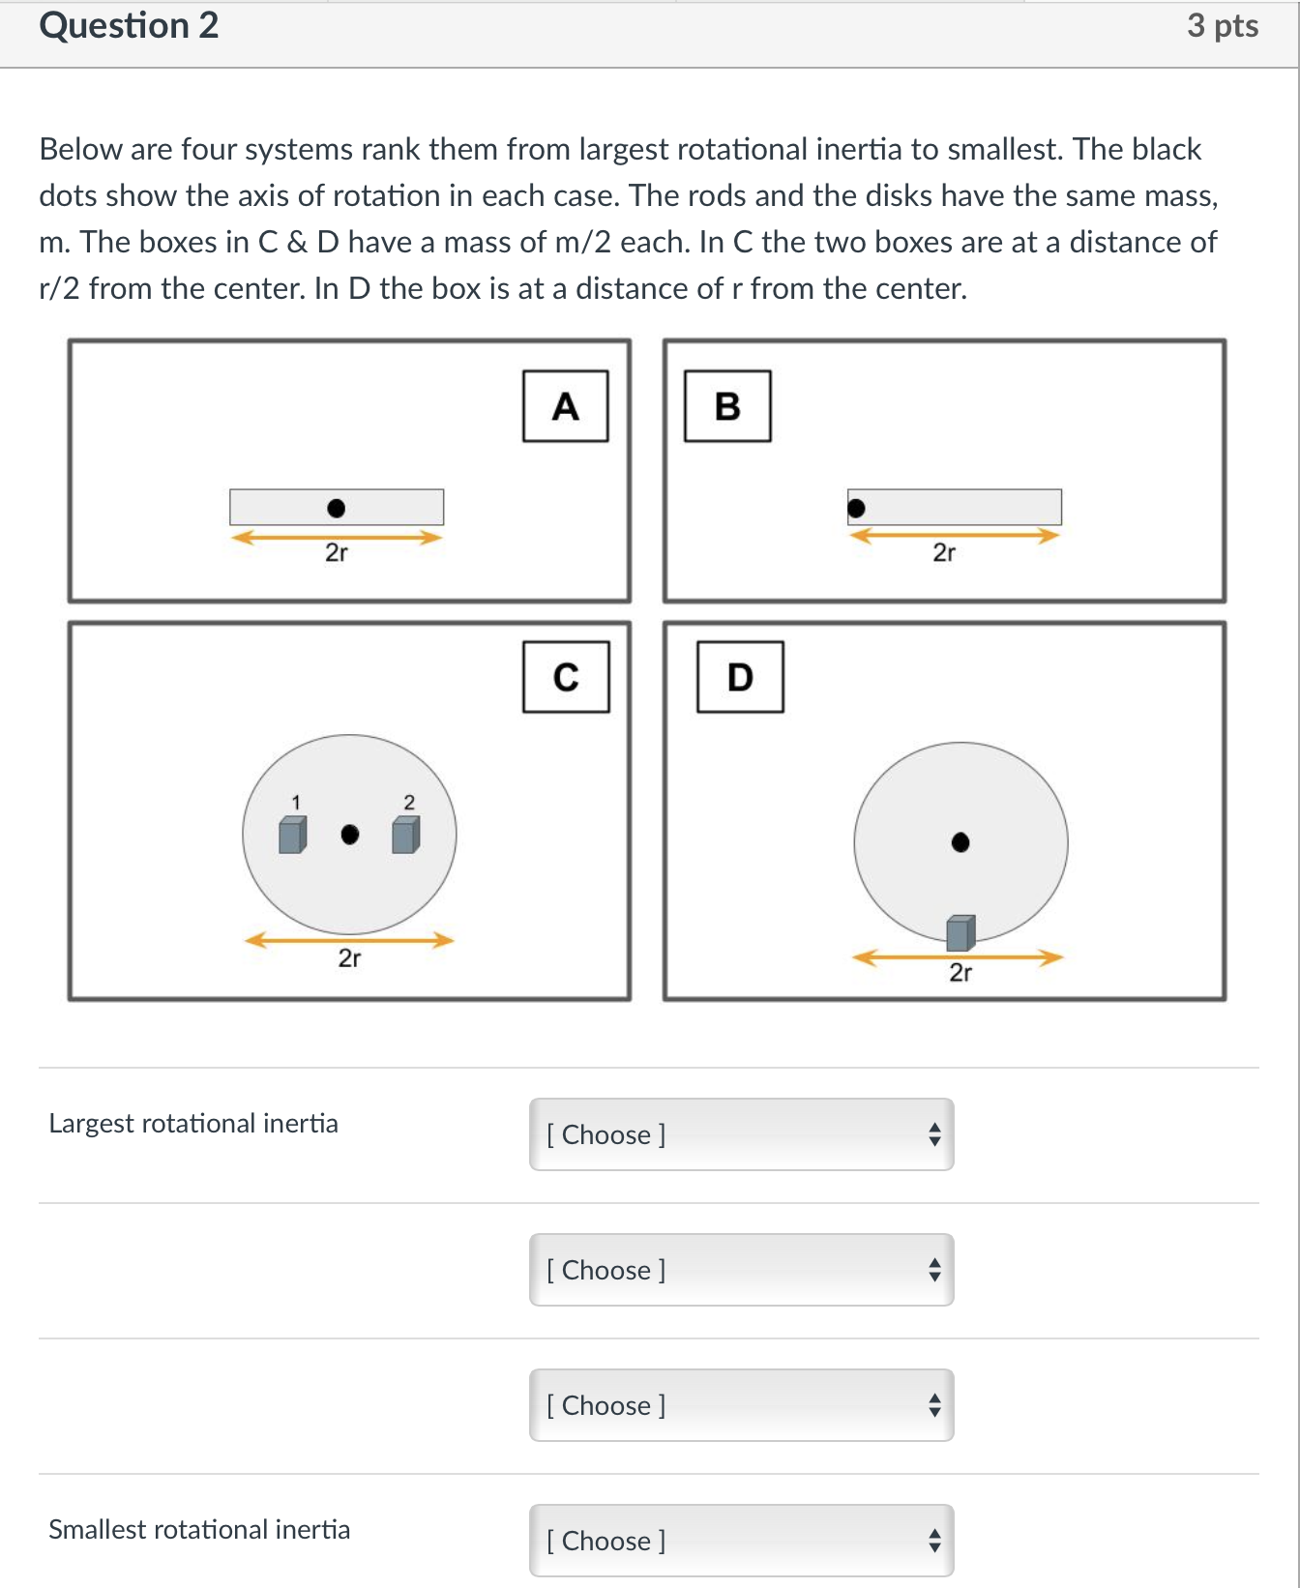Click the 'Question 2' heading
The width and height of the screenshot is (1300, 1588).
129,26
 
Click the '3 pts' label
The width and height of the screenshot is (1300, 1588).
1222,26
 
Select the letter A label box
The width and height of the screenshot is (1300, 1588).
565,406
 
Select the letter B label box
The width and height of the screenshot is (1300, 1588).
727,406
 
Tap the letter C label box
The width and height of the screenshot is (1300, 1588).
566,677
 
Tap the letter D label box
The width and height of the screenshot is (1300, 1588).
740,677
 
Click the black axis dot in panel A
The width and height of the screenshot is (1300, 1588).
336,508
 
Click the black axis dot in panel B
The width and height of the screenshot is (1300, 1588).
856,508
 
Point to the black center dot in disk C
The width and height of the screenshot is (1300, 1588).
350,834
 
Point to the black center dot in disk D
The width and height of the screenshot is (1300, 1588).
960,842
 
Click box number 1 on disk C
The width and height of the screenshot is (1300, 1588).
292,835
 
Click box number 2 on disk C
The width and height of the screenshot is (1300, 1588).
405,835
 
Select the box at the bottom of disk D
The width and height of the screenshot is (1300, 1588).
960,932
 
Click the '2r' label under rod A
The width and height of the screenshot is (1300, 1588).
336,552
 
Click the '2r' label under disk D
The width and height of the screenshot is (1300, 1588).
960,972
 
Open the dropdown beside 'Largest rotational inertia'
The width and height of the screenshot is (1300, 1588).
741,1134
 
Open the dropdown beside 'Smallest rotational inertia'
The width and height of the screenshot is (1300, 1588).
741,1541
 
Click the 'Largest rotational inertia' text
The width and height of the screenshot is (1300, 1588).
193,1124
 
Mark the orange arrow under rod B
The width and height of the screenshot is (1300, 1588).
954,535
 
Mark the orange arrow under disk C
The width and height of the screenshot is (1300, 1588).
349,939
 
